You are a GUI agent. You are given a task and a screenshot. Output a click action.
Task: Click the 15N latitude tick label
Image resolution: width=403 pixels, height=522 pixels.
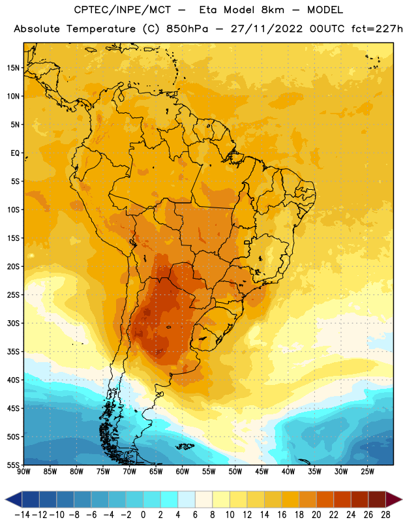click(x=13, y=68)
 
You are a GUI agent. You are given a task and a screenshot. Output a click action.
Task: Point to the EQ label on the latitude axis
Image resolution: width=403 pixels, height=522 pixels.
click(x=15, y=153)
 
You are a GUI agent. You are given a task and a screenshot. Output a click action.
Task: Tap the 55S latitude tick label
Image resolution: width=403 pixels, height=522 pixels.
click(x=13, y=465)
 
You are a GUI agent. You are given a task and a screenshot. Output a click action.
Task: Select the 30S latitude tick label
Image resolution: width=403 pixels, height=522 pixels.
click(x=13, y=323)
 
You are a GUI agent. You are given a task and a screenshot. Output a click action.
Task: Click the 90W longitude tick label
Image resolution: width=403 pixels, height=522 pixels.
click(x=23, y=471)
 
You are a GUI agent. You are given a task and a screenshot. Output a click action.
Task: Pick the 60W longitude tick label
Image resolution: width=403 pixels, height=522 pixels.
click(x=183, y=471)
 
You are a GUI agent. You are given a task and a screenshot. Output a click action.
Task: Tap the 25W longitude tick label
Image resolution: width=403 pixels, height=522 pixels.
click(x=367, y=471)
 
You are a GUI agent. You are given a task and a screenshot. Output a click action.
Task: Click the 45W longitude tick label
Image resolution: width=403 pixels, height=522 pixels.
click(x=261, y=471)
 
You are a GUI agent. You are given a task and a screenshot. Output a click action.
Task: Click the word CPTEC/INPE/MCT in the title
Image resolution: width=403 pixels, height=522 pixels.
click(x=123, y=10)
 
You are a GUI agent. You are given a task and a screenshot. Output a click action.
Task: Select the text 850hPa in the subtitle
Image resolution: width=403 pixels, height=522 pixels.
click(x=187, y=29)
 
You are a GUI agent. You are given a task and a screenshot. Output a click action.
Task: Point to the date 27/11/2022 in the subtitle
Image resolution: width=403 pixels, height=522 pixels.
click(x=267, y=29)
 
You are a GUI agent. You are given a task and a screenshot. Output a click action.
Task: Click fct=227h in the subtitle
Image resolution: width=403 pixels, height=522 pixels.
click(x=377, y=29)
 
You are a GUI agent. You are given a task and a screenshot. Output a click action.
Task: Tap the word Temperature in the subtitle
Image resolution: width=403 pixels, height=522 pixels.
click(x=101, y=29)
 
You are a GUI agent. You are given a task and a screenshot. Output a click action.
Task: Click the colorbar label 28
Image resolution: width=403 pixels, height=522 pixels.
click(x=385, y=515)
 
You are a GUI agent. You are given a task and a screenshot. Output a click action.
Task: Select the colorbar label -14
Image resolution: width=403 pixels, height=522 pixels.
click(x=22, y=515)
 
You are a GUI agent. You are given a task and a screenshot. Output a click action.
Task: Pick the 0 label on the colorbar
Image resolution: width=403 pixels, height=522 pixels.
click(x=143, y=515)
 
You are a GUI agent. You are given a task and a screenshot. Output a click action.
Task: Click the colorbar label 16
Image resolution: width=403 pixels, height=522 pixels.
click(x=282, y=515)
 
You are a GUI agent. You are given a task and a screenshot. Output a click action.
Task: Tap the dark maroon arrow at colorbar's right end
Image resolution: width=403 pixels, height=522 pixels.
click(x=393, y=499)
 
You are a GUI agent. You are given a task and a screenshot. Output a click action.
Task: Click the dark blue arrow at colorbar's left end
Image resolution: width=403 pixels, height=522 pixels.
click(x=14, y=499)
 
